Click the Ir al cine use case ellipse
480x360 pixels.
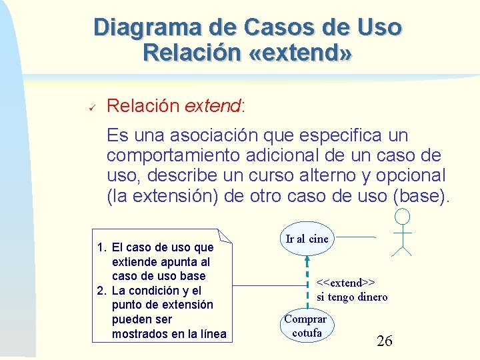coord(307,239)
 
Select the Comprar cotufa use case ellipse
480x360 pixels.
coord(306,325)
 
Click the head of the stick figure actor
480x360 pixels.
coord(402,217)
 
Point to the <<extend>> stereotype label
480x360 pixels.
coord(345,283)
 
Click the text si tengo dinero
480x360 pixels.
coord(351,297)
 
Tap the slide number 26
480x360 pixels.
coord(385,341)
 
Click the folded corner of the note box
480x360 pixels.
coord(225,235)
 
